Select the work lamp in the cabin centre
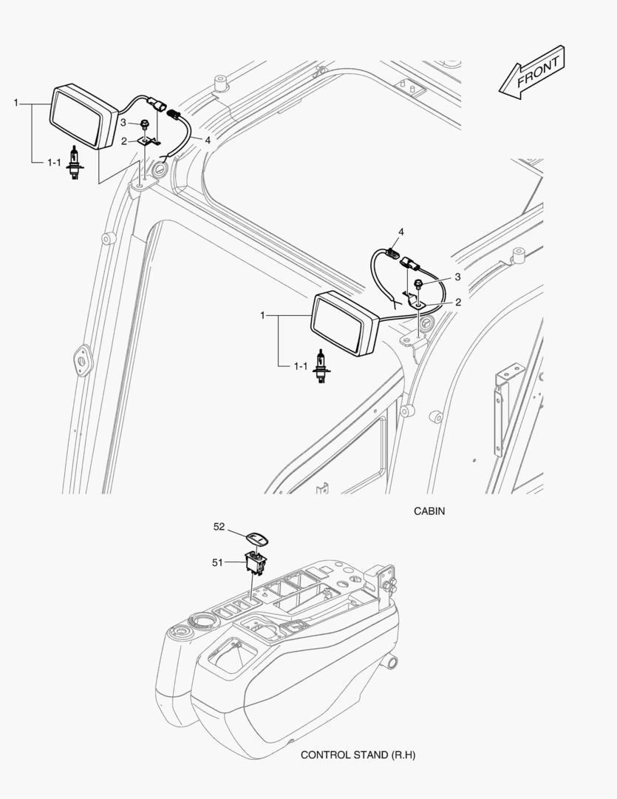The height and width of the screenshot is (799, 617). pyautogui.click(x=344, y=323)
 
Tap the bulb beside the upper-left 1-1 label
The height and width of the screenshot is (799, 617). pyautogui.click(x=73, y=163)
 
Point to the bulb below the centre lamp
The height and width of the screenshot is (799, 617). pyautogui.click(x=321, y=368)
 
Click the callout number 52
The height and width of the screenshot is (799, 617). pyautogui.click(x=219, y=527)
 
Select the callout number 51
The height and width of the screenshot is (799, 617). pyautogui.click(x=217, y=562)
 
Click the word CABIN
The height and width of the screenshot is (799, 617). pyautogui.click(x=429, y=510)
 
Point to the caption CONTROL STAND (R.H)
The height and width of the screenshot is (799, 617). pyautogui.click(x=354, y=755)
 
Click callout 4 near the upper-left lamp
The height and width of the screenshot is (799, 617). pyautogui.click(x=208, y=140)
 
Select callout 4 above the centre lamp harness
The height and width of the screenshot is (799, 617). pyautogui.click(x=401, y=232)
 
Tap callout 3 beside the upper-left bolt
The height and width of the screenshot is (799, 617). pyautogui.click(x=124, y=123)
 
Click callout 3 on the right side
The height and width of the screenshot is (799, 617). pyautogui.click(x=457, y=277)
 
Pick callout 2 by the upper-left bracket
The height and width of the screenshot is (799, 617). pyautogui.click(x=124, y=140)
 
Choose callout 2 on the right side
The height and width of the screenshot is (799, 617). pyautogui.click(x=458, y=302)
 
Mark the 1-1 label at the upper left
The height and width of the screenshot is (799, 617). pyautogui.click(x=53, y=162)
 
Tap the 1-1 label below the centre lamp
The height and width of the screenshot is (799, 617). pyautogui.click(x=301, y=366)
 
